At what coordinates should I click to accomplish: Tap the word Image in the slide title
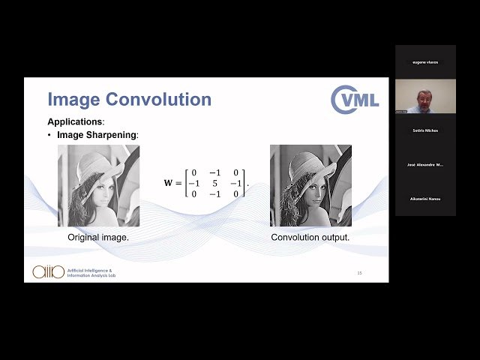(x=73, y=100)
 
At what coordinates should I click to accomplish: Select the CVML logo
(x=355, y=100)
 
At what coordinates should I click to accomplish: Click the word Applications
(x=75, y=121)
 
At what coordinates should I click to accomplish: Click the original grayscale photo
(x=98, y=185)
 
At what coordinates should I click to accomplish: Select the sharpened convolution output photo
(x=310, y=185)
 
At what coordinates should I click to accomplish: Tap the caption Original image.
(x=98, y=237)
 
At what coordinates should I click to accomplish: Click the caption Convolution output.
(x=310, y=237)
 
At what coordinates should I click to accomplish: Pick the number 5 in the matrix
(x=214, y=183)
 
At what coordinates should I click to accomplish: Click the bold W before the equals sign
(x=168, y=183)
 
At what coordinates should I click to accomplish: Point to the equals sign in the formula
(x=178, y=183)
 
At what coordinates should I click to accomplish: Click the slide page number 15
(x=359, y=272)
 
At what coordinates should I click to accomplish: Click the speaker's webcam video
(x=425, y=96)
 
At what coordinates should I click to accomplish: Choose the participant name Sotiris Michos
(x=425, y=130)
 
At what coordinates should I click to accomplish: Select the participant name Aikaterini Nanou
(x=425, y=199)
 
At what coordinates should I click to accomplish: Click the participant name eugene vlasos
(x=425, y=62)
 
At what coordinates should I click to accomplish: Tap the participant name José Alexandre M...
(x=425, y=164)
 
